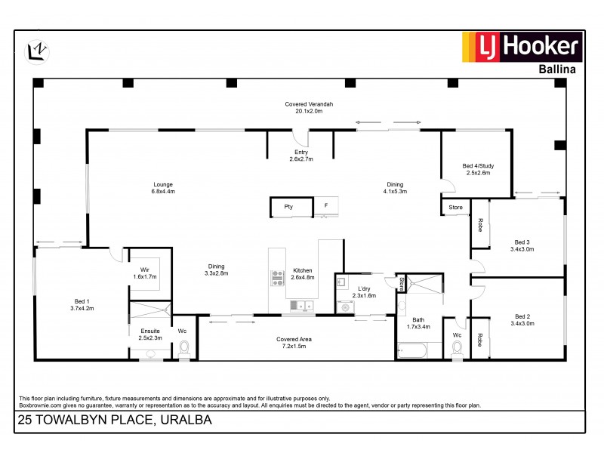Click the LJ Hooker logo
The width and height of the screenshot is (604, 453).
(x=521, y=48)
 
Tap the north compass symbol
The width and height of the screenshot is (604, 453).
(x=37, y=50)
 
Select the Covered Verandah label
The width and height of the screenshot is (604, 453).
(x=309, y=106)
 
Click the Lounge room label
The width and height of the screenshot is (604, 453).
(x=164, y=188)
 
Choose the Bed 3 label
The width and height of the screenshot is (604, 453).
(x=522, y=245)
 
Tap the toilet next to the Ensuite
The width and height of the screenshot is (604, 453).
(x=184, y=349)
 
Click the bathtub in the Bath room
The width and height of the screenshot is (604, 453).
(x=411, y=351)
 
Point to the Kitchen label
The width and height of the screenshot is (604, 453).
(x=303, y=273)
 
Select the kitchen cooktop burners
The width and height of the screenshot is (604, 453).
(x=277, y=277)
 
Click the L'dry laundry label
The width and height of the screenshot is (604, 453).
(x=364, y=291)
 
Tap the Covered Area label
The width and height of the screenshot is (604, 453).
(x=294, y=343)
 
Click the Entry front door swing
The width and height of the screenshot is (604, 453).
(x=301, y=138)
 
